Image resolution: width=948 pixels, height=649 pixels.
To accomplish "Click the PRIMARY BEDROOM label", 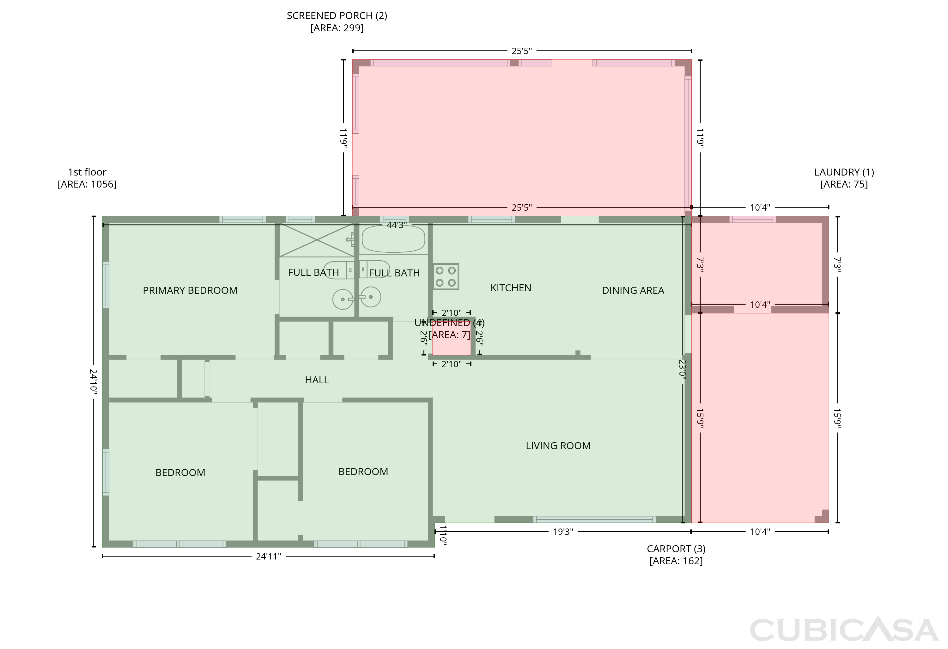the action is pos(190,291).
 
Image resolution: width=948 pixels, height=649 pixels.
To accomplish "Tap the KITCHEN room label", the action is pos(511,288).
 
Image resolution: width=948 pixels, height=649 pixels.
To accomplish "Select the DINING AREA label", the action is pos(633,291).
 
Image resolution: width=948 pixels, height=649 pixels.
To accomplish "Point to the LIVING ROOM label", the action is pos(558,446).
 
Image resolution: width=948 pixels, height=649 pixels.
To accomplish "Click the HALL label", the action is pos(317,380).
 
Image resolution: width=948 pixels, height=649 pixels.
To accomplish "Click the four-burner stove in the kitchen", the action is pos(446,277).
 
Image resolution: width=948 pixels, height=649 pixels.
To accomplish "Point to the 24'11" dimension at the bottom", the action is pos(268,556).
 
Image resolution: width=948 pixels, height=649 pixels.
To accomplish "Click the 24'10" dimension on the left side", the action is pos(94,382).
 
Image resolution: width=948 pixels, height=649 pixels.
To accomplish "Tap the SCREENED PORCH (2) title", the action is pos(337,15).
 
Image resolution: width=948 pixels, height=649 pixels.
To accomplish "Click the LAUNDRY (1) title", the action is pos(844,172).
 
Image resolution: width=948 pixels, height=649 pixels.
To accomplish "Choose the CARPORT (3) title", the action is pos(676,549).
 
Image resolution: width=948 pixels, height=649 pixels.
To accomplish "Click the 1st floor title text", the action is pos(87,172).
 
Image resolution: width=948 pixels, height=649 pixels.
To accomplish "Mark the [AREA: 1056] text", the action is pos(87,184).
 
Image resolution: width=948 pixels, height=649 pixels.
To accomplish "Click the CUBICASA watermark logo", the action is pos(844,630).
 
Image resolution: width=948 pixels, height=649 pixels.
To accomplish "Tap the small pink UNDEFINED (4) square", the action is pos(452,338).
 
